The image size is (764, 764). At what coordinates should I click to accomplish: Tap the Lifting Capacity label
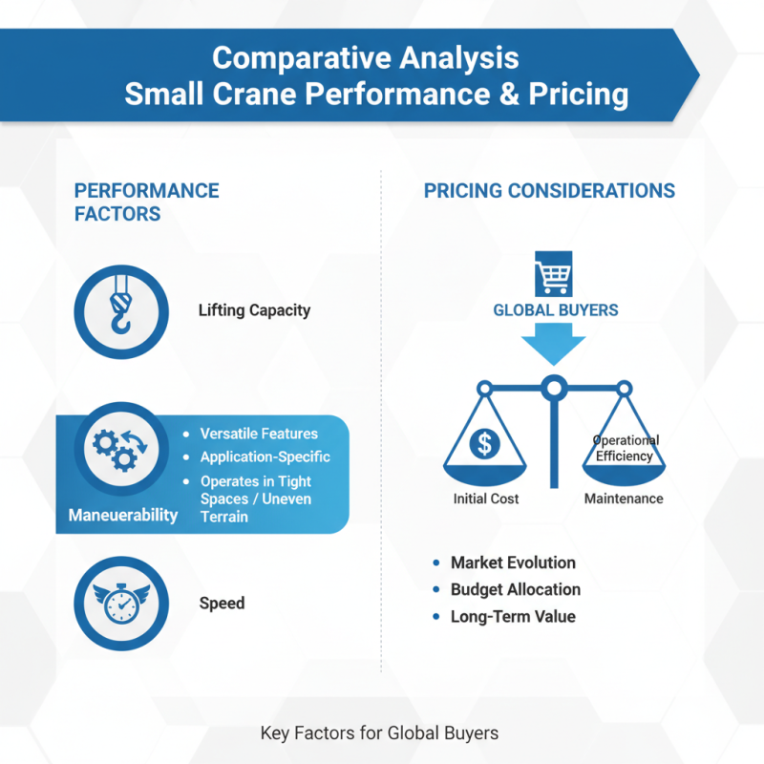pyautogui.click(x=254, y=310)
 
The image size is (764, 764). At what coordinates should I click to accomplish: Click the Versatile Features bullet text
pyautogui.click(x=259, y=434)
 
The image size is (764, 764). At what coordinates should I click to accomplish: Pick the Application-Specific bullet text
pyautogui.click(x=265, y=457)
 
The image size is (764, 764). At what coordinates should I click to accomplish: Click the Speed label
pyautogui.click(x=222, y=604)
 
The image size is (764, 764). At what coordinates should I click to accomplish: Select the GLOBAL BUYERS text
pyautogui.click(x=555, y=310)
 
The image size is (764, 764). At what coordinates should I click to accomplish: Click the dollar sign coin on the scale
pyautogui.click(x=484, y=443)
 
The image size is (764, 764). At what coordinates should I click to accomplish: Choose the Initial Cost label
pyautogui.click(x=486, y=499)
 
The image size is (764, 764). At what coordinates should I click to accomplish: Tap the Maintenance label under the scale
pyautogui.click(x=623, y=499)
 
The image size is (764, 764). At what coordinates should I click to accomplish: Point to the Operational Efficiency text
pyautogui.click(x=625, y=449)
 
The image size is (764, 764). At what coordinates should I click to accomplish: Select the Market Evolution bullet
pyautogui.click(x=513, y=562)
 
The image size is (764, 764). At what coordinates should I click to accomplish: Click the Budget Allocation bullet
pyautogui.click(x=515, y=589)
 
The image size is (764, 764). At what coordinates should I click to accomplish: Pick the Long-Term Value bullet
pyautogui.click(x=513, y=617)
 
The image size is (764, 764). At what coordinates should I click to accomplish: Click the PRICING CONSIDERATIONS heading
pyautogui.click(x=549, y=190)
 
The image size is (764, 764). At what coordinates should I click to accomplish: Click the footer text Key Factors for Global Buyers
pyautogui.click(x=379, y=733)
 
